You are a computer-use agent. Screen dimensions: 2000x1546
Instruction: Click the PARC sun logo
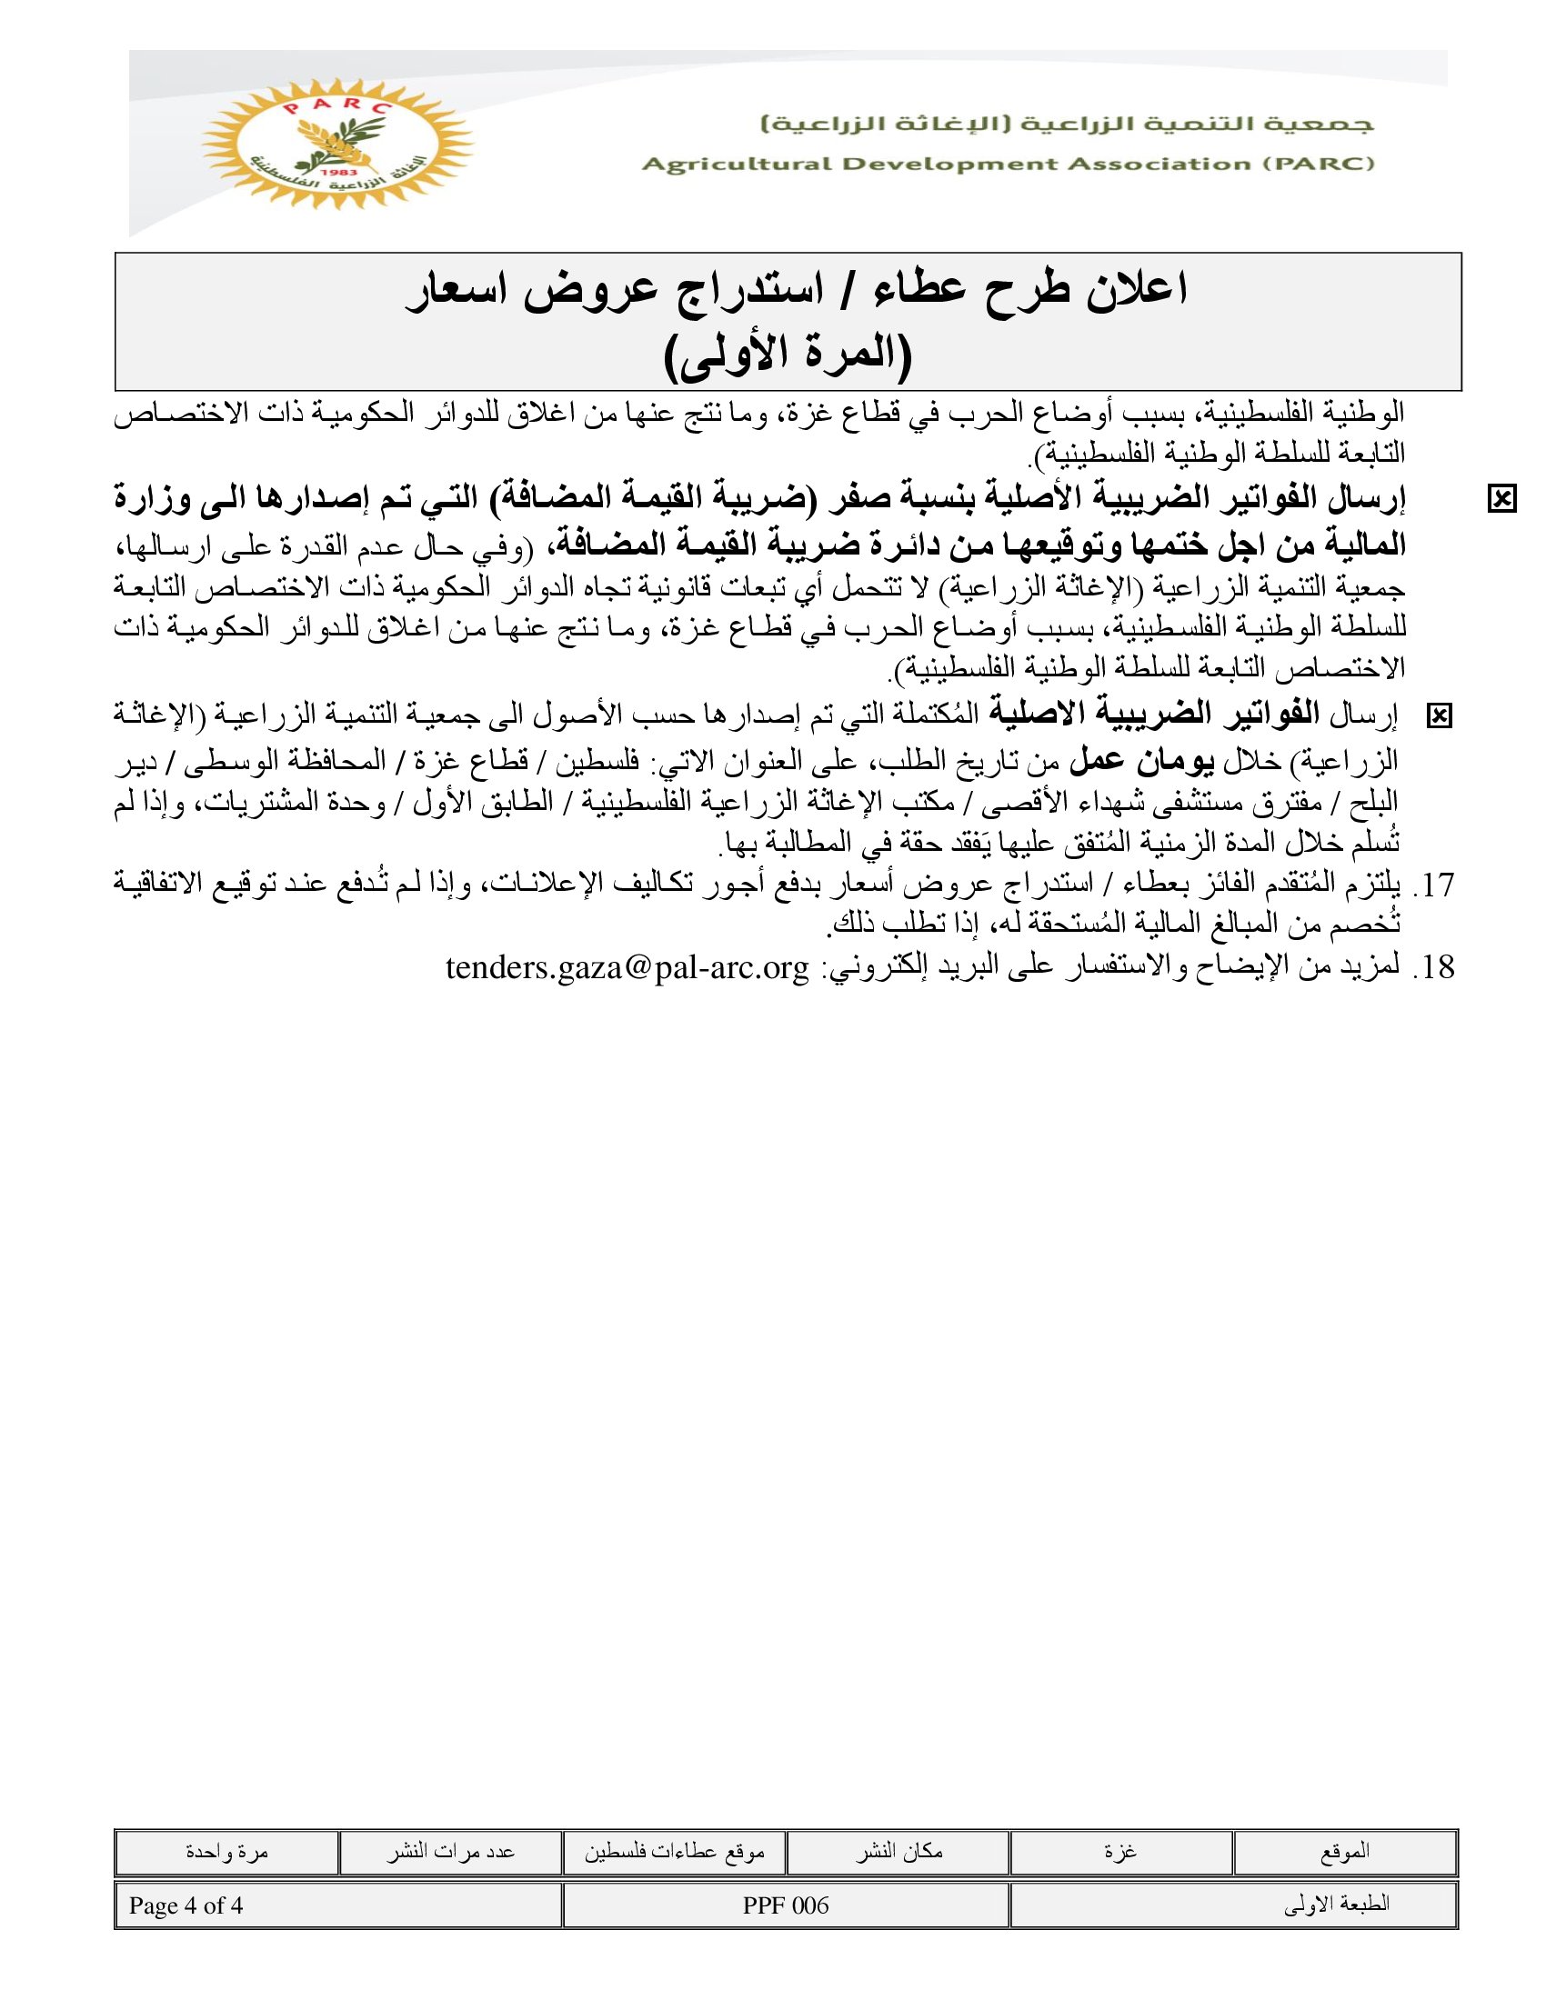[336, 144]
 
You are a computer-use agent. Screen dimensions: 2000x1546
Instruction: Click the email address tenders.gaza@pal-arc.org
[627, 968]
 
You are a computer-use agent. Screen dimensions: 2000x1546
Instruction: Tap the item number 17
[1435, 885]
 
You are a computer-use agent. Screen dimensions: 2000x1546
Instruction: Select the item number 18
[1435, 968]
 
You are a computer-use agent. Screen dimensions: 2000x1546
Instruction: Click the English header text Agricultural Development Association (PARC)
[1008, 165]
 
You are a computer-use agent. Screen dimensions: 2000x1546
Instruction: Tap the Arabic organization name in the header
[1067, 125]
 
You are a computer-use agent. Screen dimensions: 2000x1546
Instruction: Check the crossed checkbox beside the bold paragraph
[1502, 499]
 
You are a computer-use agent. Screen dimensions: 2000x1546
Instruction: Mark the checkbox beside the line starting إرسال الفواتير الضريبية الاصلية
[1440, 716]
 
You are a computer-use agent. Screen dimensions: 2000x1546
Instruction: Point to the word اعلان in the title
[1134, 291]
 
